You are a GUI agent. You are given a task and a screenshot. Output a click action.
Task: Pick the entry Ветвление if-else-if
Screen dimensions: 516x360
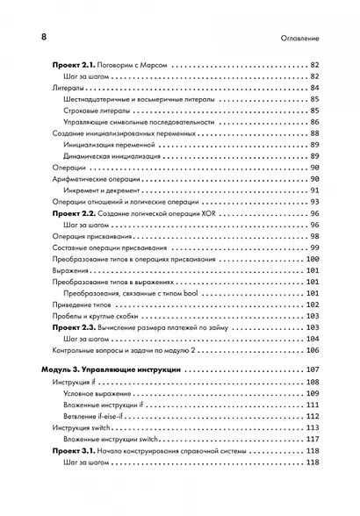click(106, 416)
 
